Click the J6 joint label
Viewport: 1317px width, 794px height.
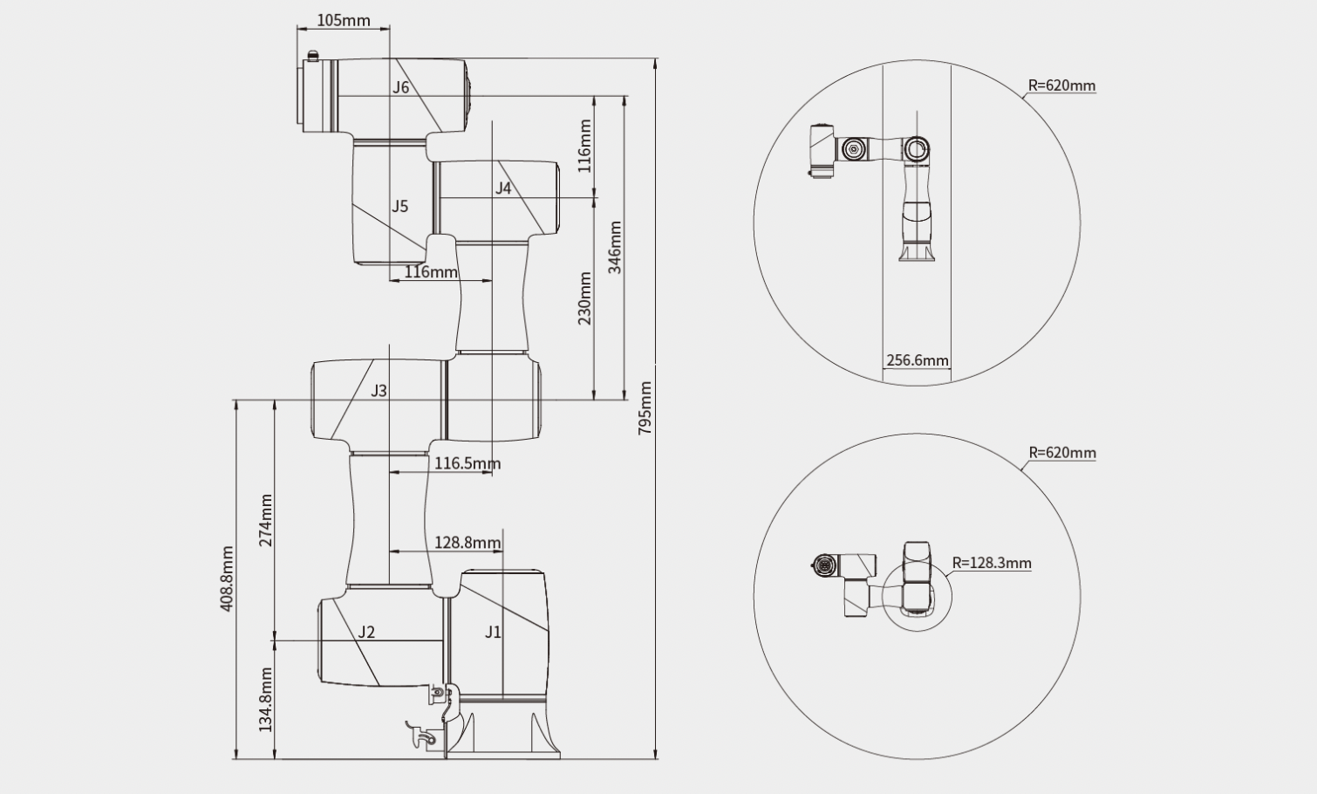(401, 87)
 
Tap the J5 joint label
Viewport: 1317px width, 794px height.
(399, 207)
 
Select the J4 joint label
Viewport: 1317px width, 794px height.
(502, 188)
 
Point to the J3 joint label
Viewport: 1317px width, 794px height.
(379, 391)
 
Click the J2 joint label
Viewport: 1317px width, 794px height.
(366, 633)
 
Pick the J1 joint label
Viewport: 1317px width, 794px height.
(494, 633)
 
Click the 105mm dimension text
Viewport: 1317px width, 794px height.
(344, 21)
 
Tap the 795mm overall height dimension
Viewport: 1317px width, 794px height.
(645, 408)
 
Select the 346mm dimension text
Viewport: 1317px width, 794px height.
(614, 248)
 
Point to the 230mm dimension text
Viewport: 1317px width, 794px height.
(584, 298)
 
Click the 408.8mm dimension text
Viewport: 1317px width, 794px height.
(227, 578)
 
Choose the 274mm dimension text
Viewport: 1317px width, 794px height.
(266, 521)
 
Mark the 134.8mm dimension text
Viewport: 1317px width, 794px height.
(266, 700)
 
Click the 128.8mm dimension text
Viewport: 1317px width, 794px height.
(468, 542)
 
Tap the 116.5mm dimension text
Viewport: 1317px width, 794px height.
(468, 463)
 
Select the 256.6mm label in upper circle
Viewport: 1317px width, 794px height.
(918, 360)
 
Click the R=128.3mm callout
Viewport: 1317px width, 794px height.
(992, 563)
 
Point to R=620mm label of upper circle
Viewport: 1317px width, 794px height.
(1061, 86)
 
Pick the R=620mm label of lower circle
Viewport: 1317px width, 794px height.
(1062, 453)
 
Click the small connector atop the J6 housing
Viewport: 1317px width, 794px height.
(313, 56)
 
